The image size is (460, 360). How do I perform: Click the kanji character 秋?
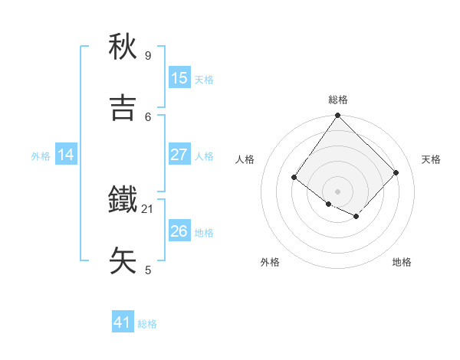tap(123, 47)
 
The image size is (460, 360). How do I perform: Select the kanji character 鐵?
tap(123, 200)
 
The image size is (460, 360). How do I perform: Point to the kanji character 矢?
tap(123, 260)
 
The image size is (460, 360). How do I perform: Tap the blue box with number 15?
tap(179, 77)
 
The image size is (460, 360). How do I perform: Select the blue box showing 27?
tap(179, 155)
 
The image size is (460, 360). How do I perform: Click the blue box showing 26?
tap(179, 231)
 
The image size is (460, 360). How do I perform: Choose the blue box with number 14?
tap(66, 155)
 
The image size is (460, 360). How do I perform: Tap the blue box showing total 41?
tap(123, 322)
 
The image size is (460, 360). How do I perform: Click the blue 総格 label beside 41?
tap(147, 324)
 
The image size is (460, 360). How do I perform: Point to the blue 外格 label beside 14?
tap(41, 155)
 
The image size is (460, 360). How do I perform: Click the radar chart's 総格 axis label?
tap(338, 100)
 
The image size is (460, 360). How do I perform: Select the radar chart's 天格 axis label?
tap(431, 159)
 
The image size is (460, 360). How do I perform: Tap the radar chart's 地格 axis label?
tap(402, 262)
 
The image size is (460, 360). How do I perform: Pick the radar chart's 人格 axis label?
tap(245, 159)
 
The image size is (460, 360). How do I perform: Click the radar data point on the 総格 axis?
tap(337, 116)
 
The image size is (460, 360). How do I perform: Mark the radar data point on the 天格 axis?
tap(396, 172)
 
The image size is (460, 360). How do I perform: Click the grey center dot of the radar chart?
tap(337, 191)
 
